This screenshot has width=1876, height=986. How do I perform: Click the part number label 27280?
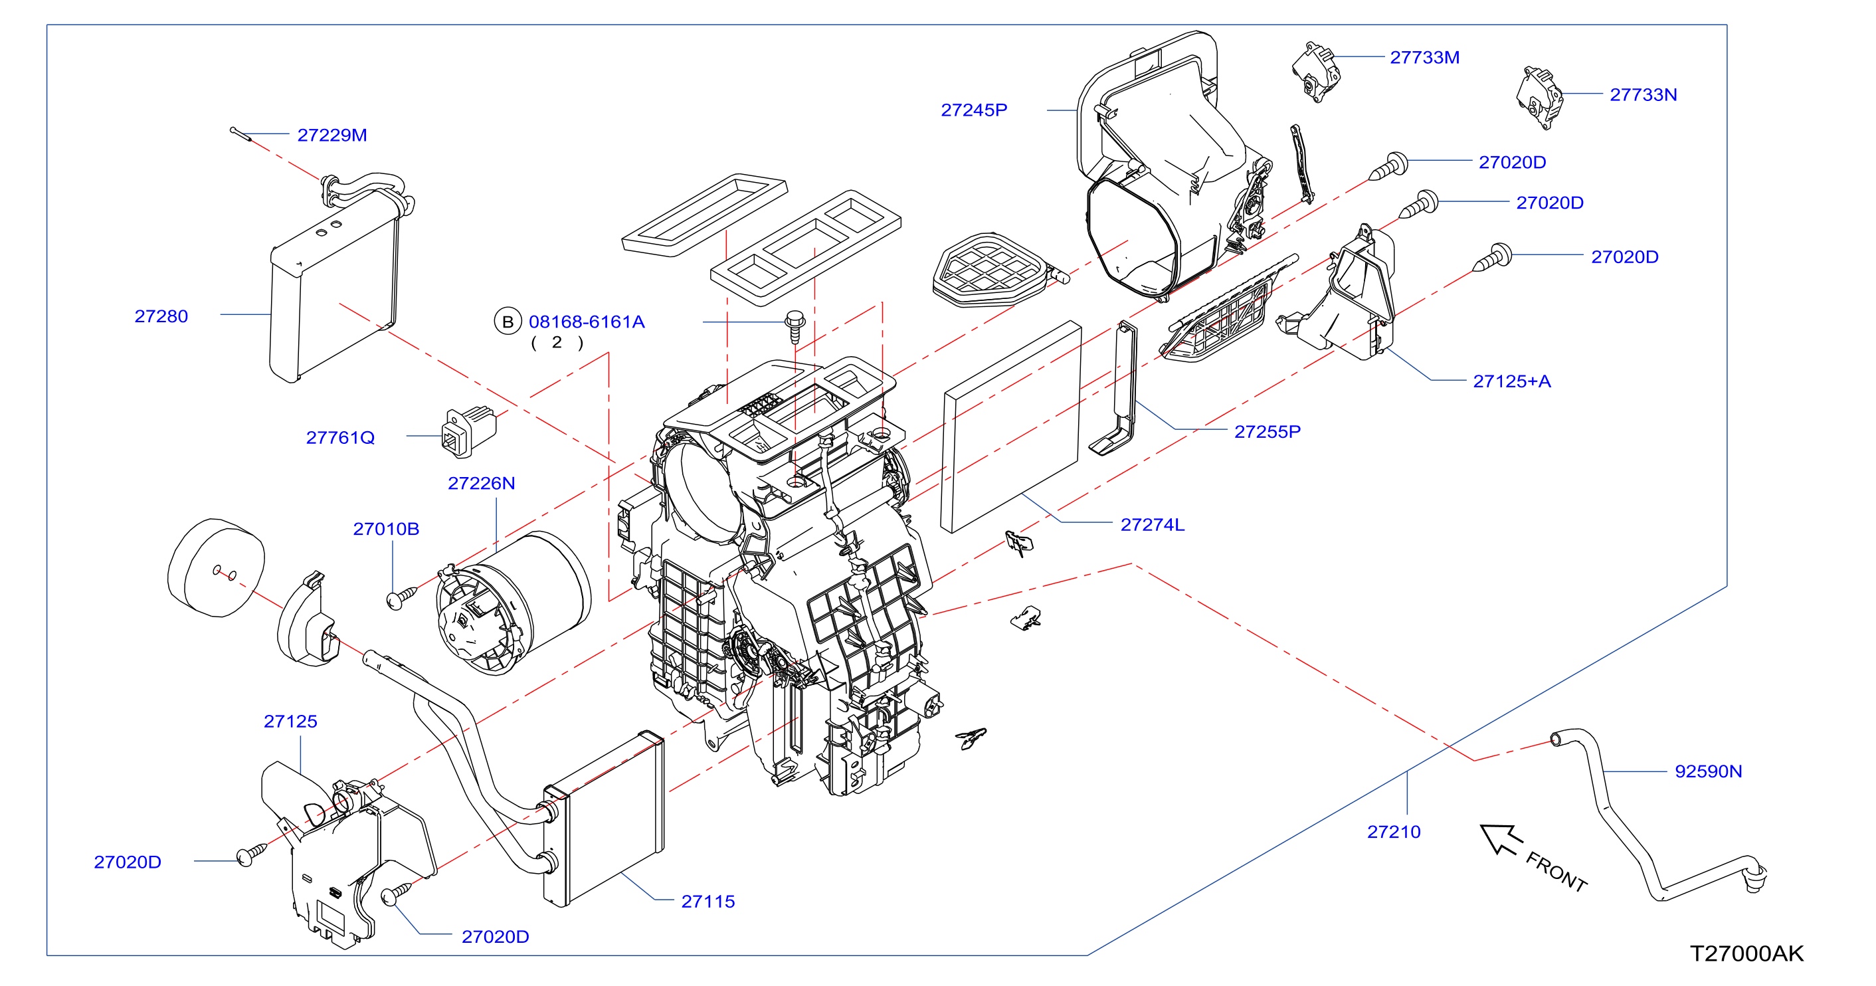pos(161,316)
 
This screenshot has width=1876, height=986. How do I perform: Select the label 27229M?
pos(332,135)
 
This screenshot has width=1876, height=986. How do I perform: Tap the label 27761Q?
pos(340,438)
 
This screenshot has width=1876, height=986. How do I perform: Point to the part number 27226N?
pos(482,483)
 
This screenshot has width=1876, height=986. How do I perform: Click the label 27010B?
pos(386,529)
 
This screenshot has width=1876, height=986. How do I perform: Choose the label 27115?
pos(708,902)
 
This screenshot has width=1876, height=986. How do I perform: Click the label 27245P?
pos(975,110)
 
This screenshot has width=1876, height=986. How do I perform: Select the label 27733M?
pos(1424,58)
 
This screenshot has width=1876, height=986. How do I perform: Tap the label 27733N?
pos(1643,94)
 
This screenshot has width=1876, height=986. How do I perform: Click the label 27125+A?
pos(1512,381)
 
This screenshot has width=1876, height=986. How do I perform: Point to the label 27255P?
pos(1267,432)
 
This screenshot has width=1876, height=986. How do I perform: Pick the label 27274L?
pos(1152,524)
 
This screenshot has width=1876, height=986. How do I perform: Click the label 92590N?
pos(1709,771)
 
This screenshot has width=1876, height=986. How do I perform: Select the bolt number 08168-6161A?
pos(587,322)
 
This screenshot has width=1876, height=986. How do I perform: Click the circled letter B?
pos(508,322)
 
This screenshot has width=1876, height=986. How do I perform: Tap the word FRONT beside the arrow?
pos(1556,872)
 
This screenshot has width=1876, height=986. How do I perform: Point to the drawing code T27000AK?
pos(1746,953)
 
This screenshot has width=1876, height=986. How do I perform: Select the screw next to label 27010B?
pos(401,598)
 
